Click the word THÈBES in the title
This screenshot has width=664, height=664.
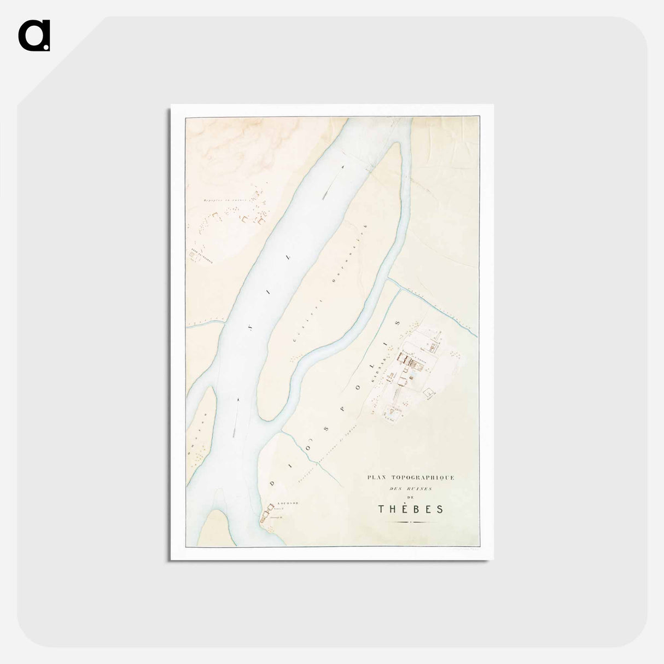click(411, 509)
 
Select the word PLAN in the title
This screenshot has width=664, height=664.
click(376, 477)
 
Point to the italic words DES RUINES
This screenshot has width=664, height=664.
click(411, 488)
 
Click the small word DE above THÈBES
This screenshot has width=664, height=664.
click(411, 497)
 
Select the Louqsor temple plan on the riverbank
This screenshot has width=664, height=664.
click(267, 515)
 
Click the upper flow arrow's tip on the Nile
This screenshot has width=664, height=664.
click(343, 165)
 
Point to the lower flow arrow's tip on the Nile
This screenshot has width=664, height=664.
click(238, 400)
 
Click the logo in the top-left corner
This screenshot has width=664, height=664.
click(34, 36)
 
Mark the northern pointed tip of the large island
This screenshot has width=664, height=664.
click(400, 144)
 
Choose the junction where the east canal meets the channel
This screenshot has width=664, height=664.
click(388, 280)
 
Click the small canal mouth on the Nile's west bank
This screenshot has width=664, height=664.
click(224, 322)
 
